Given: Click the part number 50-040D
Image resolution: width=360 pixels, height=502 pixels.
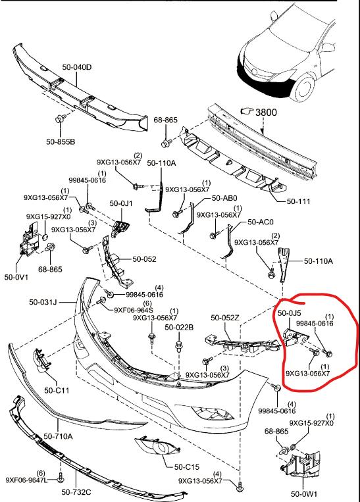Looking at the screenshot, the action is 77,67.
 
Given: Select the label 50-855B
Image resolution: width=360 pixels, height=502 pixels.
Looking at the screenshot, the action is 61,141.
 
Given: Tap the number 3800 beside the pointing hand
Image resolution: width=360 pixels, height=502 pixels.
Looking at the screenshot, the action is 266,112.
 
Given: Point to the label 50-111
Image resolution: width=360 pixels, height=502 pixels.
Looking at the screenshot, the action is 299,201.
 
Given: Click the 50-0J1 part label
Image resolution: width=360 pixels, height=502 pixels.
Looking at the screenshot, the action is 121,203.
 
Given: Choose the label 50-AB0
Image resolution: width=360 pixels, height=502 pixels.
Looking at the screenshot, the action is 224,199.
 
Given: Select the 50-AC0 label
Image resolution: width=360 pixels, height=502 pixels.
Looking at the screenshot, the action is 261,222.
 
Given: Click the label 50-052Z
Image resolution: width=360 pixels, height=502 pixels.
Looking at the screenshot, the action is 225,318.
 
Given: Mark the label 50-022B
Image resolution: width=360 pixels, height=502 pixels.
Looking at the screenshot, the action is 179,327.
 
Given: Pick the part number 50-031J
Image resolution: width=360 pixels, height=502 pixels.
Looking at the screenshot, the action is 43,302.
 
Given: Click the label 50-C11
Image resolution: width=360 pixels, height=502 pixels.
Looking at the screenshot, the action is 57,390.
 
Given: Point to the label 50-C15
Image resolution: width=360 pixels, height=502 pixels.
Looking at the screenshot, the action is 187,466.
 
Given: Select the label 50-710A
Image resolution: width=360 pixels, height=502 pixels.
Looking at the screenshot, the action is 58,436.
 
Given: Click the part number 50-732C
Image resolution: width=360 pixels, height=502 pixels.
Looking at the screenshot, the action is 76,491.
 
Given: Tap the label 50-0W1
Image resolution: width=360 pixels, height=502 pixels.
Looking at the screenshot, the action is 304,493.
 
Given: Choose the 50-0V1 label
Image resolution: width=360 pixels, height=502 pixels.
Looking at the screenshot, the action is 16,277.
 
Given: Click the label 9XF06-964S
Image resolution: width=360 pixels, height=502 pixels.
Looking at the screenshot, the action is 134,310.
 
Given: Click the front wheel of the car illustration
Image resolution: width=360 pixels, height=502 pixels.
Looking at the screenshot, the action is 303,86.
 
